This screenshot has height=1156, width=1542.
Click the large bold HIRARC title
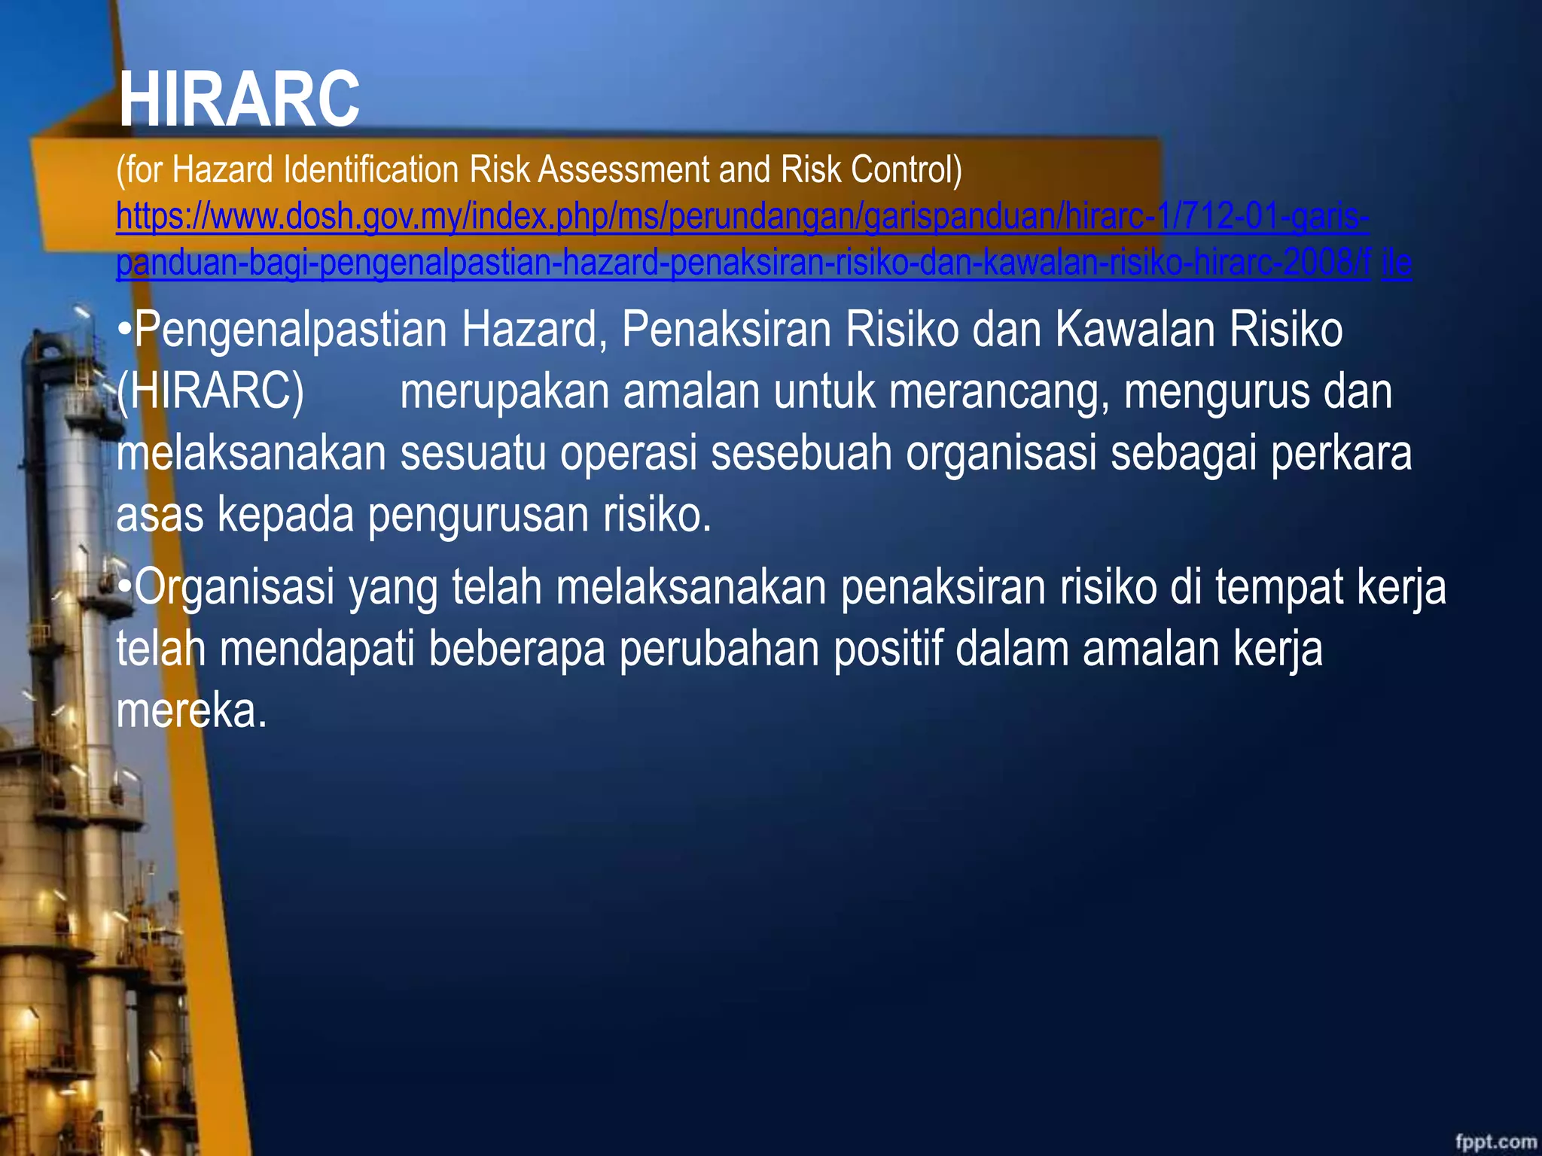click(239, 99)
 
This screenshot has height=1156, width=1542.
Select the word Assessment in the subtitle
click(623, 169)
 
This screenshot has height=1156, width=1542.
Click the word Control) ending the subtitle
click(907, 169)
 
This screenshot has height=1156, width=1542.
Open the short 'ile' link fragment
click(1396, 263)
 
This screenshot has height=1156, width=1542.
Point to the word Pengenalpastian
click(291, 331)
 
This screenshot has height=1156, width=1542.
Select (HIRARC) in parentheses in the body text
click(210, 392)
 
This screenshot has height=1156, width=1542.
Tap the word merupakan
click(504, 392)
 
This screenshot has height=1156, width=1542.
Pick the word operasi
click(628, 453)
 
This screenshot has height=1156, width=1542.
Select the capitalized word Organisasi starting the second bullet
click(234, 587)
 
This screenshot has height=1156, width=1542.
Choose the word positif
click(887, 649)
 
